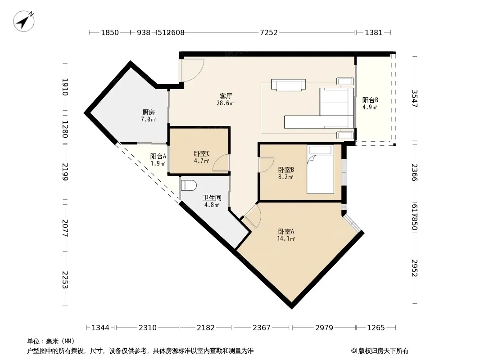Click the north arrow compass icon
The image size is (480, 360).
pos(23,21)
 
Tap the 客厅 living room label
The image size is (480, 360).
pos(226,96)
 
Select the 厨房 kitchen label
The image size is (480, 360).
pos(149,112)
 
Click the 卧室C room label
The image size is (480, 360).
pos(202,153)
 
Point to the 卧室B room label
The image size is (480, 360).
pos(286,170)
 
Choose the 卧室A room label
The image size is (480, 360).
pos(286,231)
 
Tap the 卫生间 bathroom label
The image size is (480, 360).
pos(212,198)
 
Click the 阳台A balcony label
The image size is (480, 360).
pos(158,156)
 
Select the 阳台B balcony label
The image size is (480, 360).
pos(370,100)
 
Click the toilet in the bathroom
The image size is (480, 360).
pos(189,186)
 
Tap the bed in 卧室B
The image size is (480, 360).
pos(320,169)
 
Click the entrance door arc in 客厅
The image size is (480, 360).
pos(192,70)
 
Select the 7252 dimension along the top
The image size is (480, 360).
pos(268,32)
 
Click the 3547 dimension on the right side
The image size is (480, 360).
pos(414,99)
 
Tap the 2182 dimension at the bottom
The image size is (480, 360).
pos(205,328)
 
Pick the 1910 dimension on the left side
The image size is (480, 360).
pos(65,87)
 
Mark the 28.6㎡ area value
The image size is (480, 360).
pos(226,103)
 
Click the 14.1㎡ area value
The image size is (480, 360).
pos(286,238)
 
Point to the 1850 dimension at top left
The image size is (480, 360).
pos(110,32)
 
